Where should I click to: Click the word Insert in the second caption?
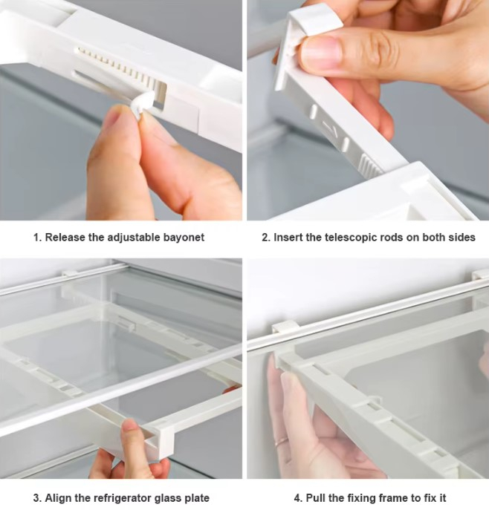tap(287, 237)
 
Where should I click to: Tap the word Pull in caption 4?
tap(314, 497)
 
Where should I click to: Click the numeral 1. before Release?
tap(38, 238)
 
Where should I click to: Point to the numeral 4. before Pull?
tap(299, 498)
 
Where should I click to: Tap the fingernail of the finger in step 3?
tap(129, 425)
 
